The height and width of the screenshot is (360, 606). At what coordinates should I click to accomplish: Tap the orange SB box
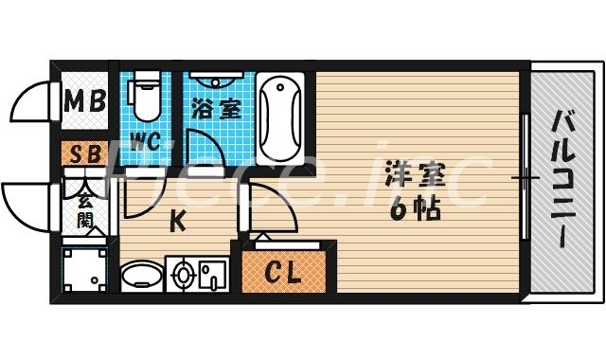tap(84, 152)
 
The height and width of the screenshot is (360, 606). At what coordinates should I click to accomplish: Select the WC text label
tap(145, 143)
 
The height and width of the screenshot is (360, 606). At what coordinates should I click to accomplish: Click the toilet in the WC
tap(146, 95)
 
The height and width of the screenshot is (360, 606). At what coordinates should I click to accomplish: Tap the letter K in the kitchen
tap(177, 222)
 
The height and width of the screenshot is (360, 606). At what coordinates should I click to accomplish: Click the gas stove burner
tap(184, 275)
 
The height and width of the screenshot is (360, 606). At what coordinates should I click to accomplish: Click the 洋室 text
tap(414, 177)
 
